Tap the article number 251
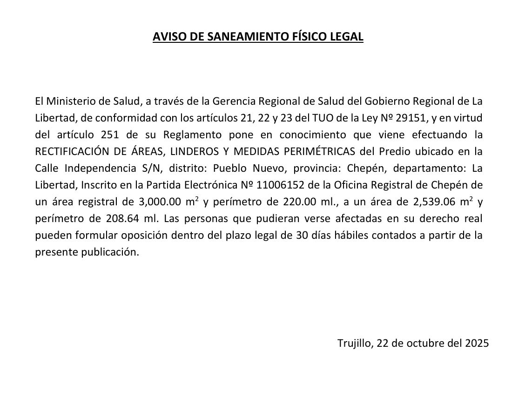point(110,135)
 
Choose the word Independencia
point(98,168)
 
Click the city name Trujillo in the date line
point(354,344)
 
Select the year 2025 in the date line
point(477,344)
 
